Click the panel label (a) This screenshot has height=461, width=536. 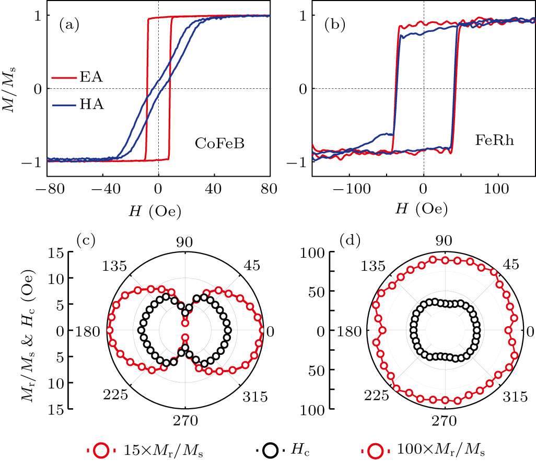[69, 24]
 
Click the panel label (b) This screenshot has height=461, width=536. [335, 24]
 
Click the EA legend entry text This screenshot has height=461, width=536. [91, 78]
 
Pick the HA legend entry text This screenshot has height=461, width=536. [91, 105]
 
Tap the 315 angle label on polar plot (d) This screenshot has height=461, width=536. [515, 398]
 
